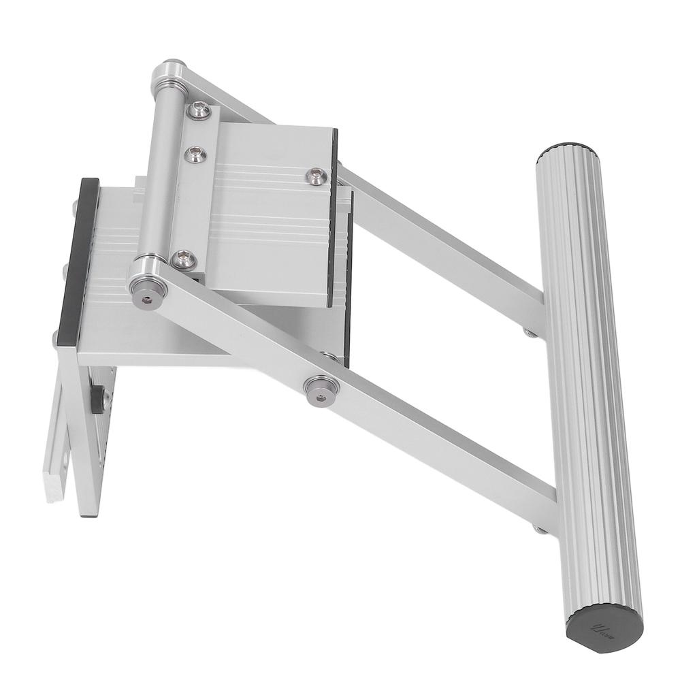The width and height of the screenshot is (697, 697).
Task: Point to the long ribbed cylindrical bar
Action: pyautogui.click(x=587, y=381)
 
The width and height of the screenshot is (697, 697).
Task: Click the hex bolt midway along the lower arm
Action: pyautogui.click(x=322, y=389)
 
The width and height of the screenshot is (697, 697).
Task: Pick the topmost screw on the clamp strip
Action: pyautogui.click(x=199, y=110)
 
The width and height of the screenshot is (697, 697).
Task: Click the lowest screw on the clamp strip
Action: pyautogui.click(x=183, y=259)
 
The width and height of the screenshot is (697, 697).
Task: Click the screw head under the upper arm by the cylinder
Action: pyautogui.click(x=529, y=332)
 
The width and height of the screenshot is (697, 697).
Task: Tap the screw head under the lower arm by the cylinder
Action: pyautogui.click(x=539, y=529)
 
